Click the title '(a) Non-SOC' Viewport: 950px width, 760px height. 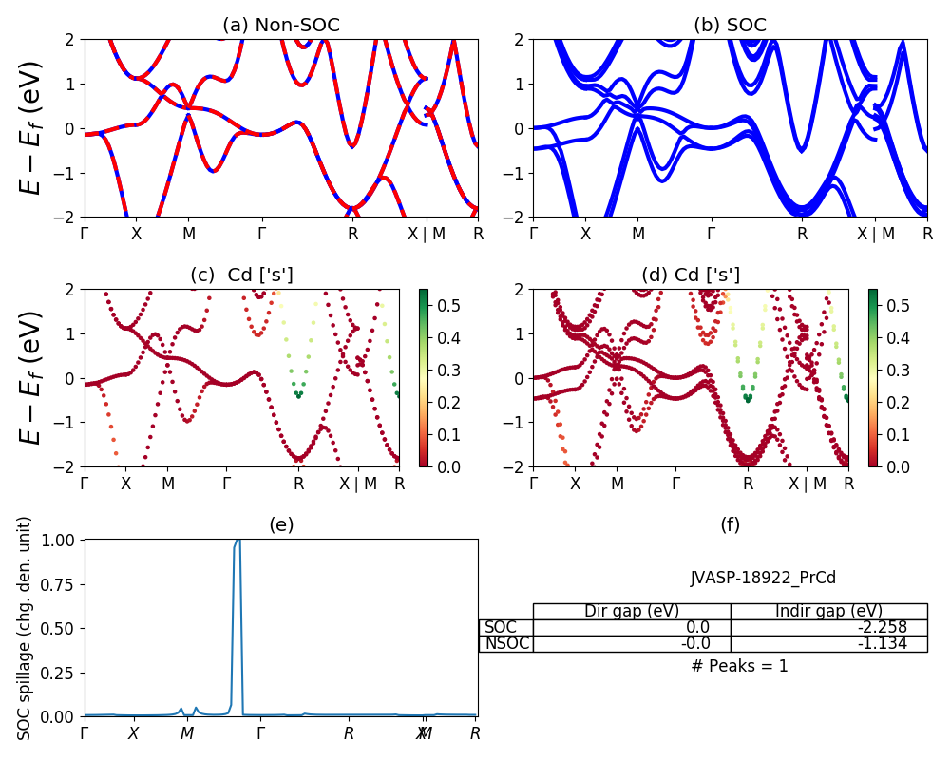[x=280, y=26]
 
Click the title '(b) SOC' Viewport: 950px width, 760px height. [x=730, y=26]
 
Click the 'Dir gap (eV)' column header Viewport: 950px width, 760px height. [x=632, y=611]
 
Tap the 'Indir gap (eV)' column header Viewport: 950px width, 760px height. [x=828, y=611]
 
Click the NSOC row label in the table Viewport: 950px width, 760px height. [x=505, y=643]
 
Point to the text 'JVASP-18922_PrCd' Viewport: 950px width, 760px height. [x=763, y=578]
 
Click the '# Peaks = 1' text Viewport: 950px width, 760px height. [x=739, y=666]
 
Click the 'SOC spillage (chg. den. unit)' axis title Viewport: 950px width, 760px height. [x=26, y=627]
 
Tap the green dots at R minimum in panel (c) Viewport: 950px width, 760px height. [x=298, y=391]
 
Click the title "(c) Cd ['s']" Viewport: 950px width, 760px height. [x=241, y=275]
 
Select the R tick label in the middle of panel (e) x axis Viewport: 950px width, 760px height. [x=349, y=733]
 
